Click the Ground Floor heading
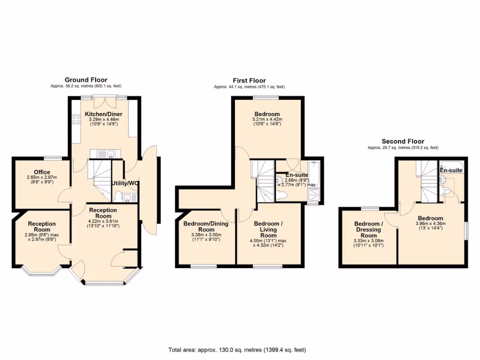pyautogui.click(x=86, y=80)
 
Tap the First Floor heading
pyautogui.click(x=249, y=81)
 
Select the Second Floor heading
pyautogui.click(x=403, y=141)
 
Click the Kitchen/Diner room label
pyautogui.click(x=104, y=114)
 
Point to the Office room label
pyautogui.click(x=42, y=172)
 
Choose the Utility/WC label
pyautogui.click(x=125, y=183)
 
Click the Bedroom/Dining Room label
pyautogui.click(x=206, y=226)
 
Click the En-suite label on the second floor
pyautogui.click(x=451, y=171)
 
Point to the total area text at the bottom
pyautogui.click(x=237, y=350)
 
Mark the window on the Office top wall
pyautogui.click(x=53, y=157)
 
